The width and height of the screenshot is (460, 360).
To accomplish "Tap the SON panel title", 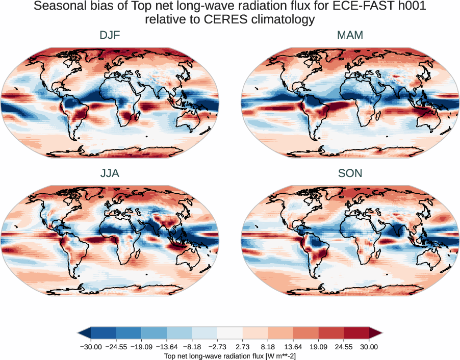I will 350,173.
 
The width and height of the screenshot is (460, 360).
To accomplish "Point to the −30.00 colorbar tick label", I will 90,347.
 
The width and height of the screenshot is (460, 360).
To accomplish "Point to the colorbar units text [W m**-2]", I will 274,355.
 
